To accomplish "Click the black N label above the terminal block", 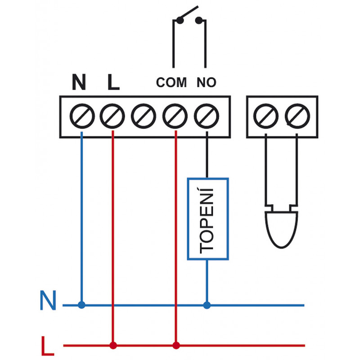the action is pyautogui.click(x=79, y=82).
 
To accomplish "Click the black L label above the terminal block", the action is pyautogui.click(x=113, y=82).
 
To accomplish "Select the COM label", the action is pyautogui.click(x=171, y=82).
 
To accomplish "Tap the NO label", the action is pyautogui.click(x=207, y=82).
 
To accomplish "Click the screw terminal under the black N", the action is pyautogui.click(x=82, y=116).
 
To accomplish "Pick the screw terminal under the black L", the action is pyautogui.click(x=112, y=116).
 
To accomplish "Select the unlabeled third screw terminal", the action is pyautogui.click(x=144, y=116).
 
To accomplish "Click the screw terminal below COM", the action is pyautogui.click(x=175, y=116).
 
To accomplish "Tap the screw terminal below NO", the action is pyautogui.click(x=207, y=116).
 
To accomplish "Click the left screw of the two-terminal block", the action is pyautogui.click(x=266, y=116).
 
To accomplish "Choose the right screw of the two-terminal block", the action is pyautogui.click(x=297, y=116).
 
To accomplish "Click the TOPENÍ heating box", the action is pyautogui.click(x=208, y=219).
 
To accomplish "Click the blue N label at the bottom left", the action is pyautogui.click(x=48, y=300).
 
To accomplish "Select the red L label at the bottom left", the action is pyautogui.click(x=48, y=346).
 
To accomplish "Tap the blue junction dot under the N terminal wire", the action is pyautogui.click(x=81, y=305).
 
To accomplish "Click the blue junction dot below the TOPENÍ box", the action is pyautogui.click(x=207, y=305).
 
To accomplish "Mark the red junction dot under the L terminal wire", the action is pyautogui.click(x=113, y=345).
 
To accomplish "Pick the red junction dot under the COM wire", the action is pyautogui.click(x=176, y=345).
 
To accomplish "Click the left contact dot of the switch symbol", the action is pyautogui.click(x=180, y=20).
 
